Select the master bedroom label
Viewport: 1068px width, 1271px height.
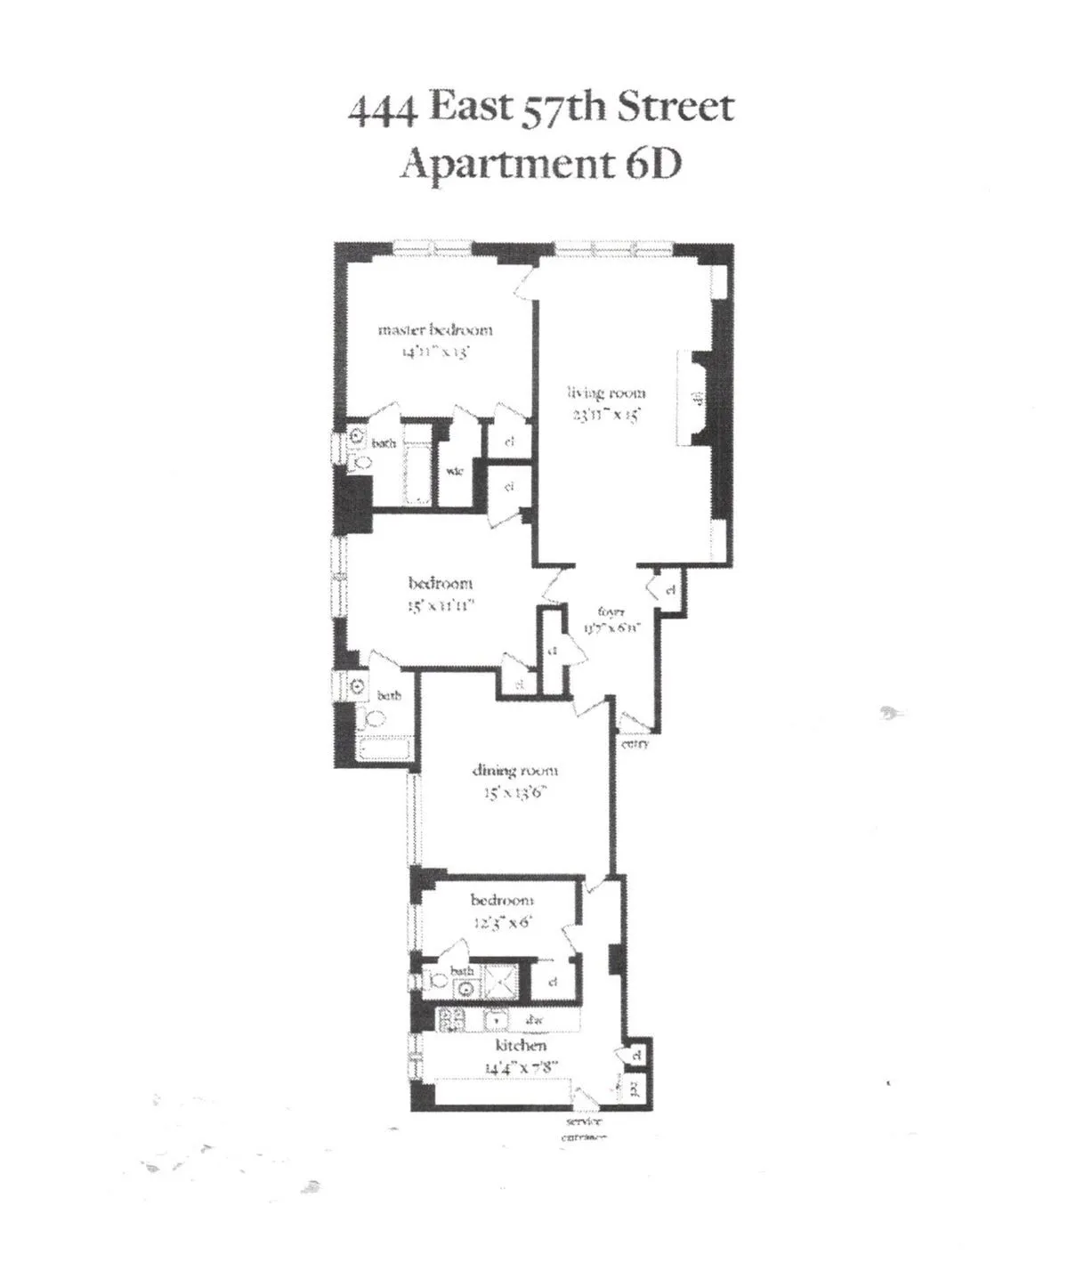[x=435, y=330]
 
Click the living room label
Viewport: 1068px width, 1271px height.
[x=607, y=393]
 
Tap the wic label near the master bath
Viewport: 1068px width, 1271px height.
[x=454, y=471]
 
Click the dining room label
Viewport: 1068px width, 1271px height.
[x=514, y=771]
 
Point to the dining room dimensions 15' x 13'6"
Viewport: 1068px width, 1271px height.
[x=514, y=792]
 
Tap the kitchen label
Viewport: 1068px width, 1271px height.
[x=521, y=1045]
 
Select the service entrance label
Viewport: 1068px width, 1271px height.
[x=584, y=1129]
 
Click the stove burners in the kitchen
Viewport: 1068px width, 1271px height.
[x=451, y=1021]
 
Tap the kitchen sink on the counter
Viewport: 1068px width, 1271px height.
[x=497, y=1021]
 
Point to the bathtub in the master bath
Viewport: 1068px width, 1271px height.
[x=417, y=466]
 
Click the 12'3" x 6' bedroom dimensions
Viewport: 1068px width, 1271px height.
[x=502, y=922]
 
